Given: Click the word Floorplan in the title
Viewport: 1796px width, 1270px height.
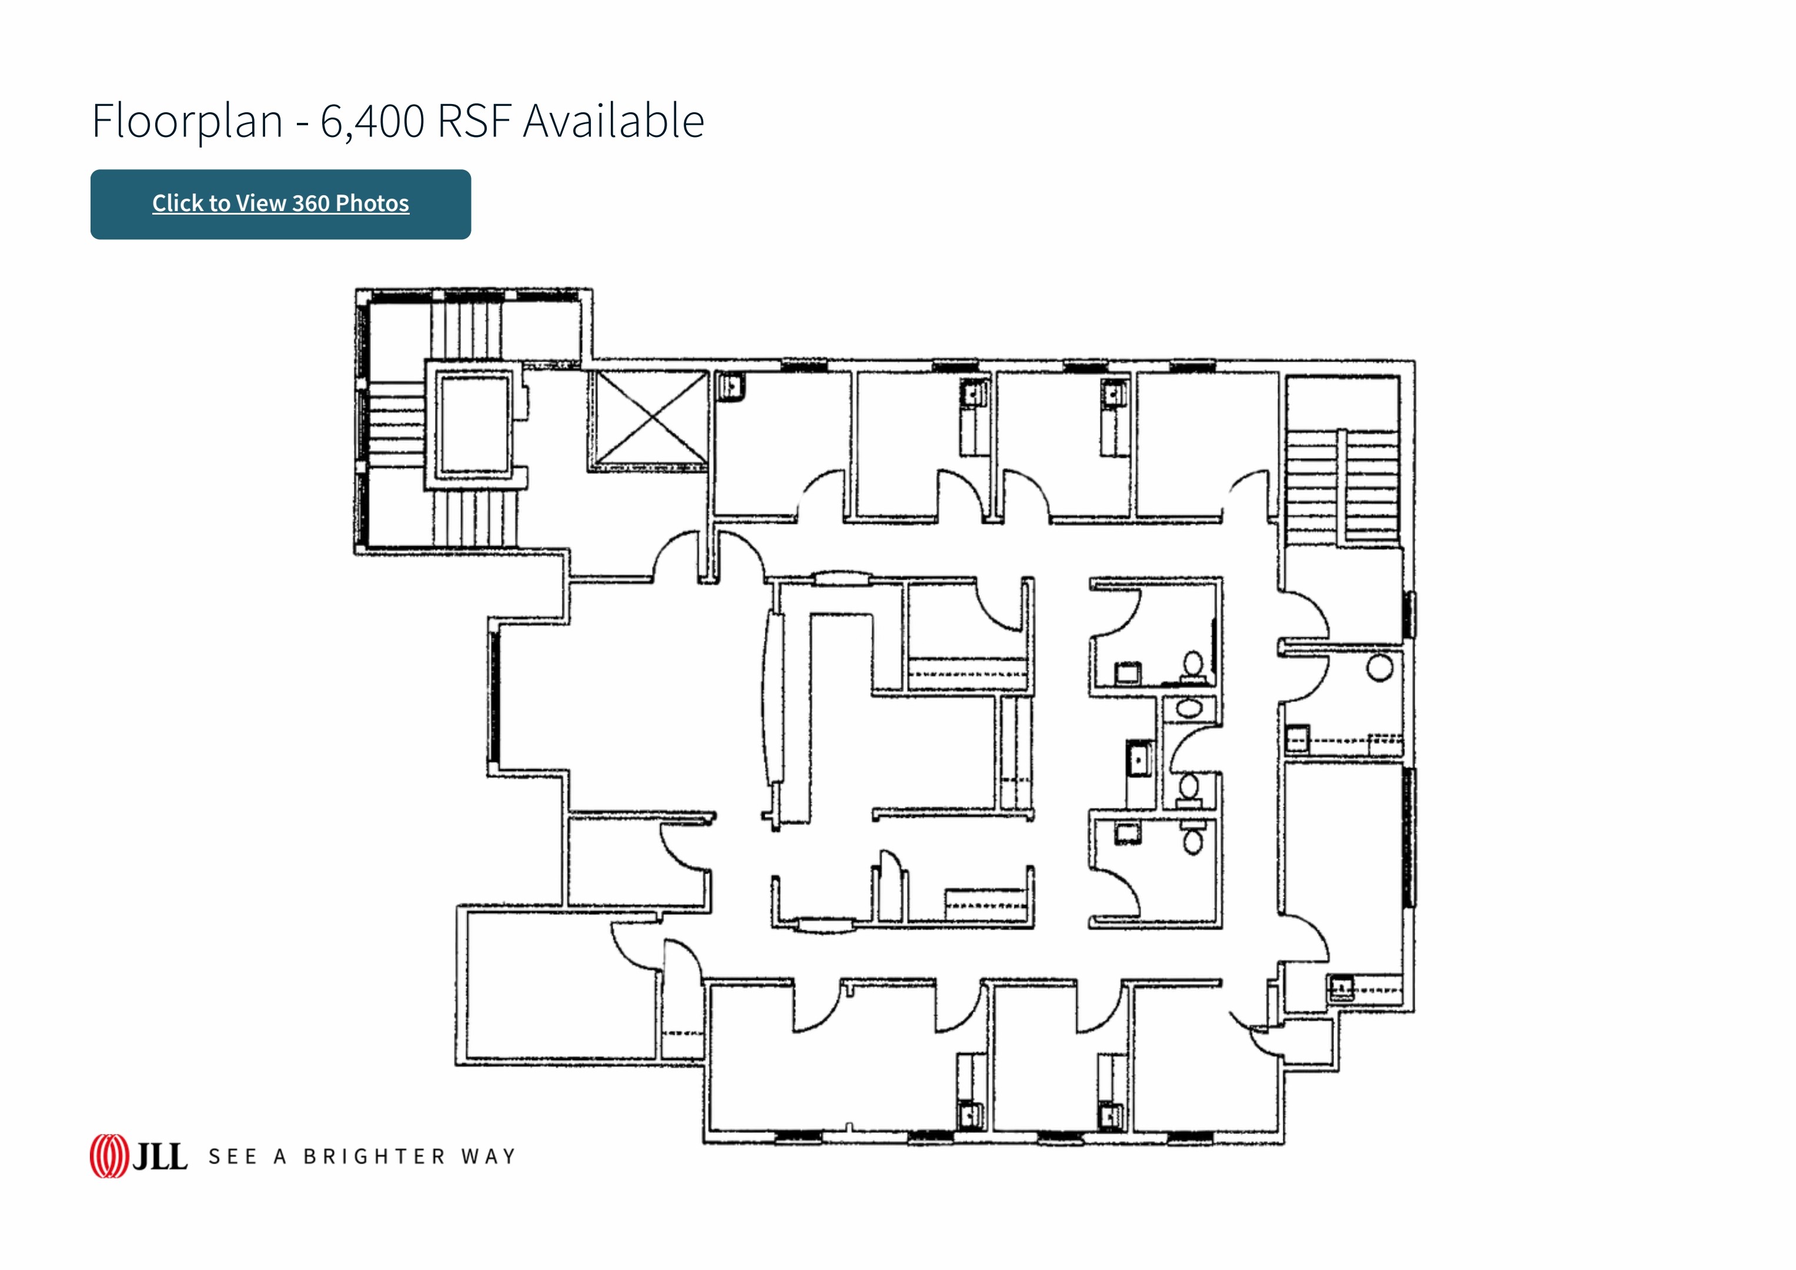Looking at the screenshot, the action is coord(187,121).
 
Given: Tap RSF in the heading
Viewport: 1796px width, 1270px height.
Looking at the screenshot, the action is coord(474,121).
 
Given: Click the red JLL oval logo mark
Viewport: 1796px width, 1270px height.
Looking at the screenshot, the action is coord(109,1156).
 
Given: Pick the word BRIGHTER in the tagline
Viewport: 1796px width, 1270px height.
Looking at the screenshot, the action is coord(374,1157).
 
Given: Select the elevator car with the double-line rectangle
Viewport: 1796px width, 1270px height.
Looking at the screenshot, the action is coord(475,424).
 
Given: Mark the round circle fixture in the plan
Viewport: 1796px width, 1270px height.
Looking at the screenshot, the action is coord(1380,669).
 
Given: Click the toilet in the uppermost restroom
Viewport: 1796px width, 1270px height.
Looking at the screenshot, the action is coord(1192,667).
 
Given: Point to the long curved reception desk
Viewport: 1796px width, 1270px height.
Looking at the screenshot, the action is coord(774,696).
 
